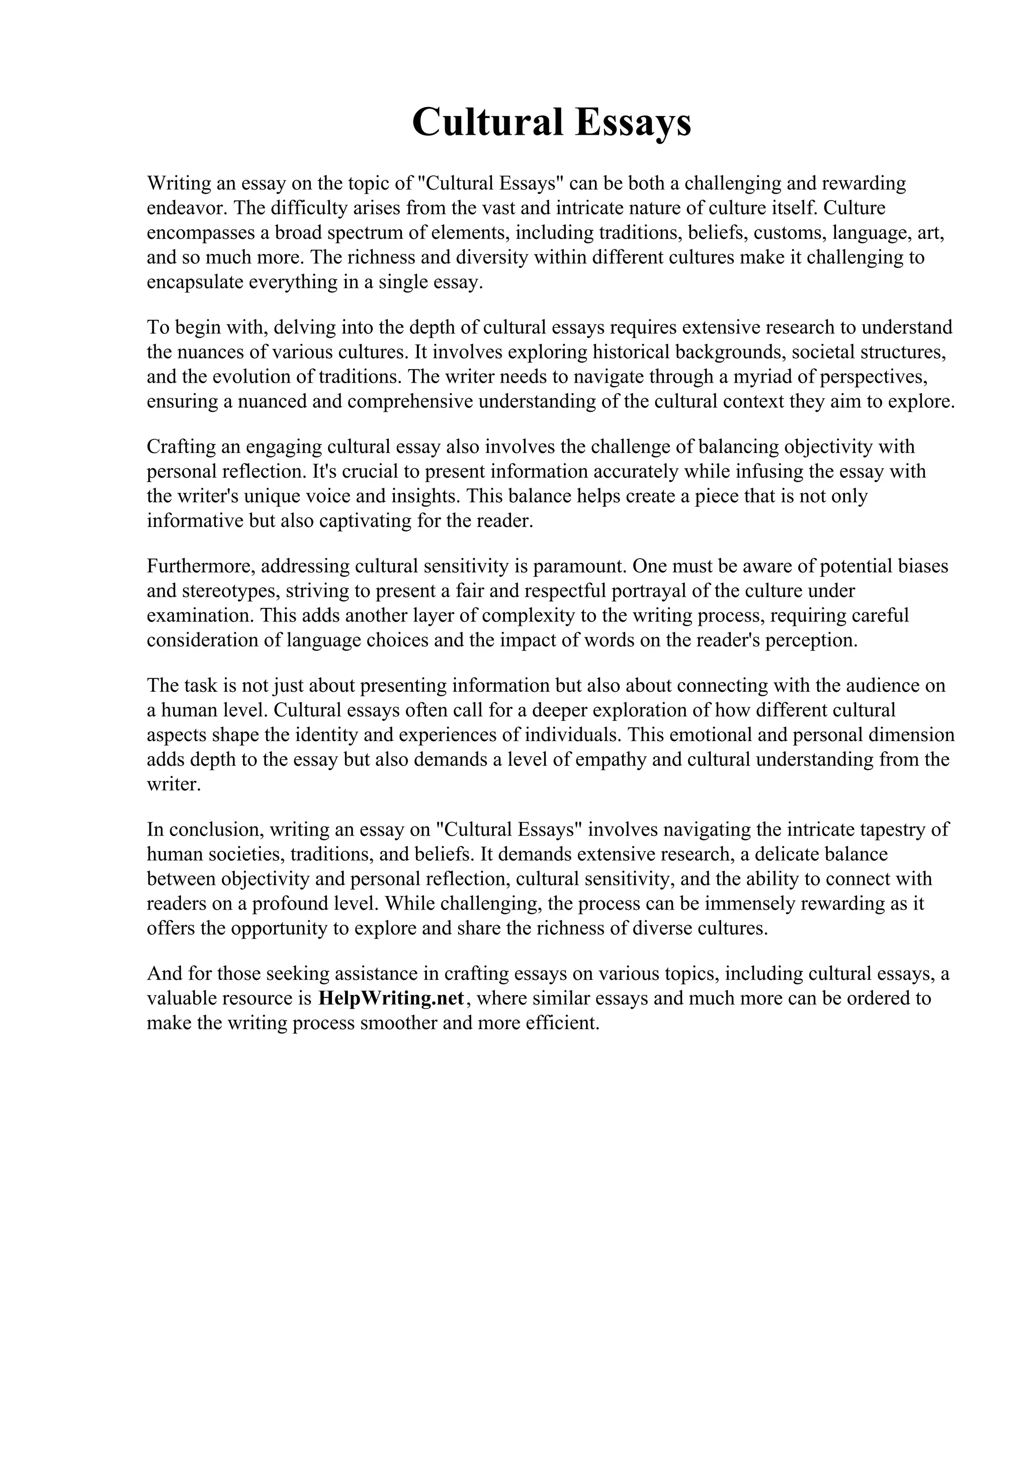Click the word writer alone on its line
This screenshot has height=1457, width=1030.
click(x=173, y=784)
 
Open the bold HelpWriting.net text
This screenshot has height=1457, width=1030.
click(x=392, y=998)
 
